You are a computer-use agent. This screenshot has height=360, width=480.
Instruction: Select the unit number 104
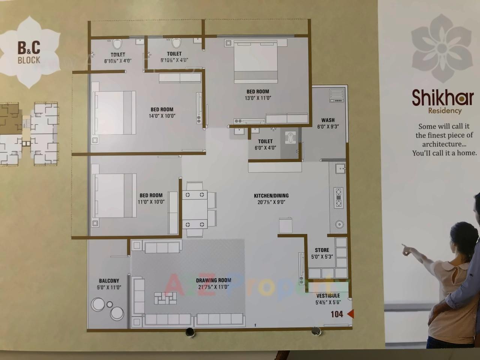337,314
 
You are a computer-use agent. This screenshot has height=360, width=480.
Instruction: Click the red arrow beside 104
350,314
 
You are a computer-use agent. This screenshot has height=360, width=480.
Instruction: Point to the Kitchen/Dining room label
271,196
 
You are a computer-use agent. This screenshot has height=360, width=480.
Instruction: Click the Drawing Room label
213,280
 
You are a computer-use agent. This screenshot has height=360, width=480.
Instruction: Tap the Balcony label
109,280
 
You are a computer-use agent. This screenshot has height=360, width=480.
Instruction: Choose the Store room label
322,250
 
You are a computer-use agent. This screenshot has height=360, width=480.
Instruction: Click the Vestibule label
328,295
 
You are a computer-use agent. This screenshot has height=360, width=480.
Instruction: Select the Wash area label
328,120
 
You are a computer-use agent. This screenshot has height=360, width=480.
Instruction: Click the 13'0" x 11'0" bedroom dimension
258,98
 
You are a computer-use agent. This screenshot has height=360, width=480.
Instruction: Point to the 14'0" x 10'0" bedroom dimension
162,116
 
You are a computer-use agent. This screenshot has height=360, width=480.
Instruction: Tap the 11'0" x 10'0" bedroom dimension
151,202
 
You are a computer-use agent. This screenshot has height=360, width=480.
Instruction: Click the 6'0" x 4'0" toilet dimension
265,148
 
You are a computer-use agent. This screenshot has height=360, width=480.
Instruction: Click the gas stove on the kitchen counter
339,197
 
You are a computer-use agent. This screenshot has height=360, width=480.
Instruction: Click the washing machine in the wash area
336,95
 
